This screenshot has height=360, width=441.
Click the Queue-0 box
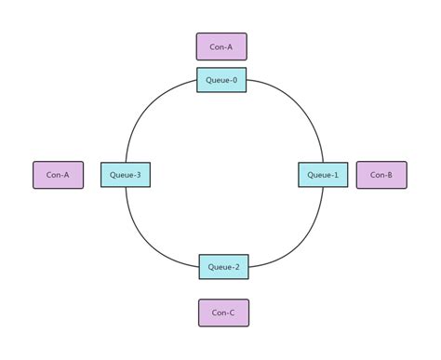pyautogui.click(x=221, y=80)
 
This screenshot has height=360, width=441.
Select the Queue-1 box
pyautogui.click(x=323, y=175)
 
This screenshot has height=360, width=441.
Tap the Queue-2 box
pyautogui.click(x=223, y=267)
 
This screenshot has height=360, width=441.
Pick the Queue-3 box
pyautogui.click(x=125, y=175)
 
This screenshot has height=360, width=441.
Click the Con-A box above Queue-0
pyautogui.click(x=221, y=47)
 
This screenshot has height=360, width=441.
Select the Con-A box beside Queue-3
pyautogui.click(x=58, y=175)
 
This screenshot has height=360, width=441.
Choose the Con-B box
pyautogui.click(x=381, y=175)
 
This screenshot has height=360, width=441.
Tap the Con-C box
pyautogui.click(x=223, y=313)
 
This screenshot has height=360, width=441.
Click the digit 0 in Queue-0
pyautogui.click(x=235, y=80)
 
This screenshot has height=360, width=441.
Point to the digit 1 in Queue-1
pyautogui.click(x=337, y=175)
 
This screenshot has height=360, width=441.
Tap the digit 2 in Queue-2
pyautogui.click(x=237, y=267)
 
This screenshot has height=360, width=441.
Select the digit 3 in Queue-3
pyautogui.click(x=139, y=175)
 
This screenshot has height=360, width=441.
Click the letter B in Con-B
pyautogui.click(x=390, y=175)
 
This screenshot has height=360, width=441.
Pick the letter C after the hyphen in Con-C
pyautogui.click(x=232, y=313)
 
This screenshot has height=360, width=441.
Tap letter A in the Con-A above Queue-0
pyautogui.click(x=230, y=47)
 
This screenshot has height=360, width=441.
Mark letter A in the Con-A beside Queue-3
pyautogui.click(x=66, y=175)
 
